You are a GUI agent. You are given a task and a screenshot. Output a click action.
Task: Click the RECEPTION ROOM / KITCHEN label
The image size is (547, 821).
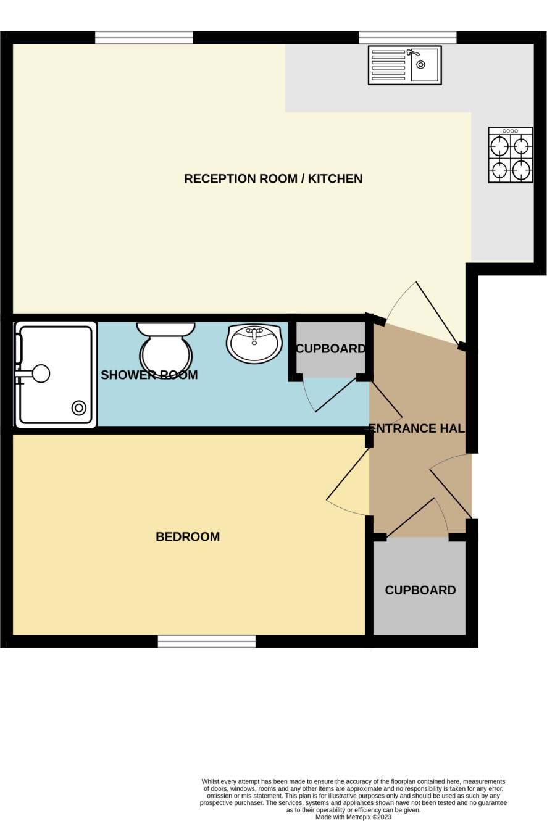pos(273,178)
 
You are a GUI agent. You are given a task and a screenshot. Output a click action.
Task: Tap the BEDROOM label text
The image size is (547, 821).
pos(188,536)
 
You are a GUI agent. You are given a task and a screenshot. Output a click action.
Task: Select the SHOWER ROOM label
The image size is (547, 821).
pos(149,375)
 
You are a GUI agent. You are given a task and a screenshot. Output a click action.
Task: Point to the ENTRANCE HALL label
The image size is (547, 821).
pos(417,428)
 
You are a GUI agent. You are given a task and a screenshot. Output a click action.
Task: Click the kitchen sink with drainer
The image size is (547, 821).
pos(405,65)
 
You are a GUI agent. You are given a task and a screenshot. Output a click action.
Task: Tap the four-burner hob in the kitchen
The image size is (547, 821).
pos(511,155)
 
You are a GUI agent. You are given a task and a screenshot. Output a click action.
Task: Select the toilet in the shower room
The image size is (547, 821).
pos(165,348)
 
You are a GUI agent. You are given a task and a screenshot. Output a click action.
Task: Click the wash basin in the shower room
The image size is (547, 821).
pos(254,343)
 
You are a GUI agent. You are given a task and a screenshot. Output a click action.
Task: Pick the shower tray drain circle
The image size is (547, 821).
pos(79,408)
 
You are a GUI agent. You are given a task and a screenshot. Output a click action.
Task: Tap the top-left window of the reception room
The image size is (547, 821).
pos(144,38)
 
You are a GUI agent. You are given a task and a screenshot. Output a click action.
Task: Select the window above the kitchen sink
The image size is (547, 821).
pos(407,38)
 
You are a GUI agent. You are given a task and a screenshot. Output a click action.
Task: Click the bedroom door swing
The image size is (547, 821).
pos(348,481)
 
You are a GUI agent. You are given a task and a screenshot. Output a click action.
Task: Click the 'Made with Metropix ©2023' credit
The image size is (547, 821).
pos(353,817)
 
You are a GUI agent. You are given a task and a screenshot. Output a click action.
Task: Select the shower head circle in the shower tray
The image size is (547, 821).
pos(41,373)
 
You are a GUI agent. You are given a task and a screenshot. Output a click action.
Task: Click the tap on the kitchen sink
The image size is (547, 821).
pos(413,53)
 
